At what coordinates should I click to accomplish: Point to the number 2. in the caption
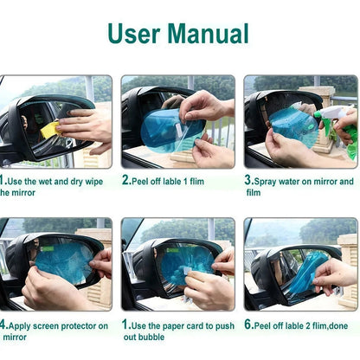pos(126,182)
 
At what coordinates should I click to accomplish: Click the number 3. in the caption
pos(248,182)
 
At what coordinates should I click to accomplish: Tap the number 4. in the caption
pos(3,325)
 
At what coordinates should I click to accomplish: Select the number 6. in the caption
pos(248,325)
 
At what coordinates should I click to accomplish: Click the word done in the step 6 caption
pos(339,325)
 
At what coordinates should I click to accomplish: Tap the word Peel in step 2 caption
pos(144,182)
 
